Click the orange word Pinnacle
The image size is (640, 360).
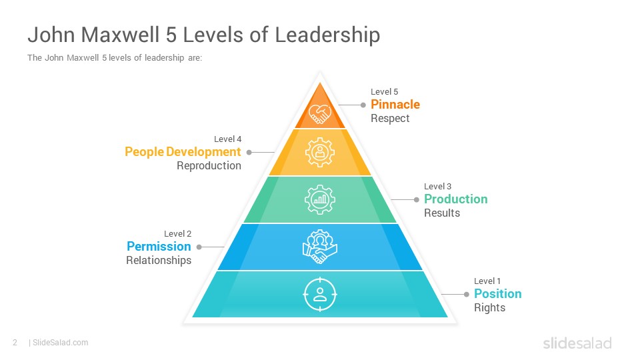pos(395,105)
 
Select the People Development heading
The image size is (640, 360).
pos(183,152)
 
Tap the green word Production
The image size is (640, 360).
pos(455,199)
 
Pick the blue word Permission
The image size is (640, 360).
pos(159,247)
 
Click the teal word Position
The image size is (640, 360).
pos(497,294)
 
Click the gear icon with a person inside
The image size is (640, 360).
pos(320,152)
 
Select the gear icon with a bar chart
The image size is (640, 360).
pos(320,199)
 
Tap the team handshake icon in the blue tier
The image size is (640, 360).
pos(320,247)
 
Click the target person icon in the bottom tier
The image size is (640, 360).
pos(320,294)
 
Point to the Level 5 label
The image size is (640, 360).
pos(384,92)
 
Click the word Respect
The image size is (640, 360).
pos(390,119)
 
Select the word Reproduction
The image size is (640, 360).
pos(209,166)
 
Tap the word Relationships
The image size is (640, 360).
pos(159,261)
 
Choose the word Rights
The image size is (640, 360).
pos(489,308)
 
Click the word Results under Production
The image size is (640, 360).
pos(442,213)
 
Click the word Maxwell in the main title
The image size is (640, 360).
pos(120,35)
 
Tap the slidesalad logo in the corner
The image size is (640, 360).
pos(577,343)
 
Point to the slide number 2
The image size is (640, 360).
pos(15,343)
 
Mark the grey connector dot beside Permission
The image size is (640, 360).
pos(199,247)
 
